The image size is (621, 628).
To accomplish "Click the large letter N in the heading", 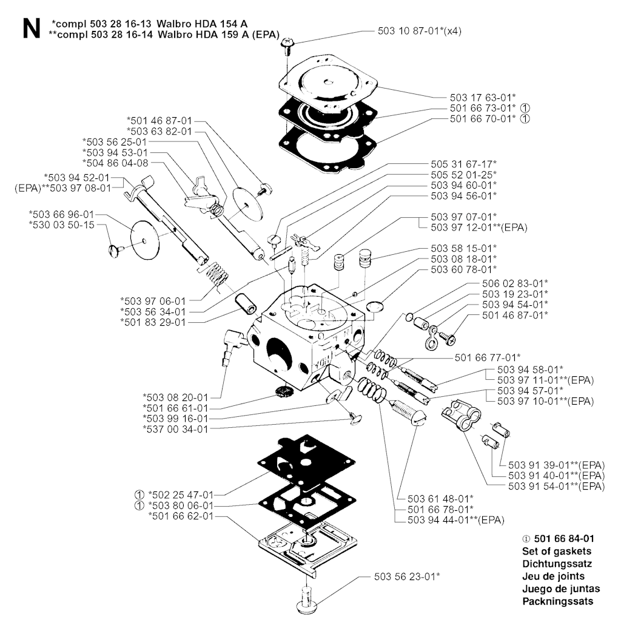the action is point(32,29).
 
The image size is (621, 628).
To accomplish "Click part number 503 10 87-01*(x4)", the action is point(419,31).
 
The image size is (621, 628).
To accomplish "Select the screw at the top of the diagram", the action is point(287,46).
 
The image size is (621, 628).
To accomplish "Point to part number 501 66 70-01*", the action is point(483,118).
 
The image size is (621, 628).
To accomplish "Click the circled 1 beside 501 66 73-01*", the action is point(525,108).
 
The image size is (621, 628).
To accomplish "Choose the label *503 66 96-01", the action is point(61,214).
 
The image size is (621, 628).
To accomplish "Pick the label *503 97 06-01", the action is point(153,301).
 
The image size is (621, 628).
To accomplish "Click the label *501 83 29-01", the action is point(153,322).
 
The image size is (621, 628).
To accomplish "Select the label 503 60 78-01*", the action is point(464,269).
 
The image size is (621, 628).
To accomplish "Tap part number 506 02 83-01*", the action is point(515,283).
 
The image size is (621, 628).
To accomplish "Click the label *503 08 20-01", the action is point(175,397).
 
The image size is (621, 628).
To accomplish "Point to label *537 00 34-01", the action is point(175,429).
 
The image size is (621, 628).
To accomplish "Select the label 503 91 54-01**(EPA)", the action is point(556,486).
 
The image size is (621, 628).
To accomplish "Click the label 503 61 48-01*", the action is point(440,499).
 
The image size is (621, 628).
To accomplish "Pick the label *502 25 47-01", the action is point(181,495).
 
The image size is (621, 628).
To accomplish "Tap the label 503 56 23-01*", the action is point(407,576).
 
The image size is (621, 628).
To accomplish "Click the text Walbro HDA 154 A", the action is point(202,24).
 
